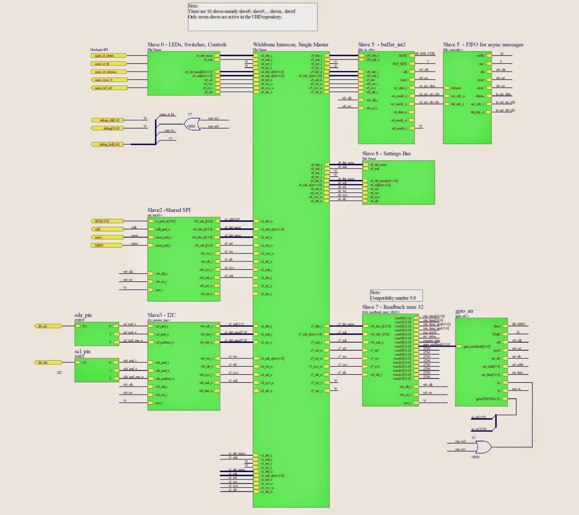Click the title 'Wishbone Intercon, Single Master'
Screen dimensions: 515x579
[x=291, y=44]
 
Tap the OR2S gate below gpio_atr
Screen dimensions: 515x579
[x=483, y=447]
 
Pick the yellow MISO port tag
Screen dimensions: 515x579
[x=106, y=245]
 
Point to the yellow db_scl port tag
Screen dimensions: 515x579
[x=48, y=326]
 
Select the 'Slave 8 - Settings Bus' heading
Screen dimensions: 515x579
[x=386, y=153]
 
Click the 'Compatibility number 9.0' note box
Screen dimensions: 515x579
[x=396, y=295]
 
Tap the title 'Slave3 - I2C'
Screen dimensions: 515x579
[x=161, y=315]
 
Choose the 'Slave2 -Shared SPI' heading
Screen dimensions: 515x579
[x=169, y=210]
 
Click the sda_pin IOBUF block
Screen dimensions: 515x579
[x=97, y=334]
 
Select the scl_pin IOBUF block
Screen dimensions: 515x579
[x=97, y=370]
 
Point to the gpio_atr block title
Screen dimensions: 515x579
[x=464, y=311]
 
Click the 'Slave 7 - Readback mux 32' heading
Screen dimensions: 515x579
[x=392, y=307]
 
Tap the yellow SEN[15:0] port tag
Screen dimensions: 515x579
[x=106, y=221]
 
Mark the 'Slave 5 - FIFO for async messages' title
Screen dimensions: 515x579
[x=483, y=44]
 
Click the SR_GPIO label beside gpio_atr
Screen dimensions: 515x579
[x=518, y=324]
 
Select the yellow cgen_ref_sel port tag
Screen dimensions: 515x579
[x=108, y=88]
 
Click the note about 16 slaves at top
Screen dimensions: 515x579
[x=252, y=17]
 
